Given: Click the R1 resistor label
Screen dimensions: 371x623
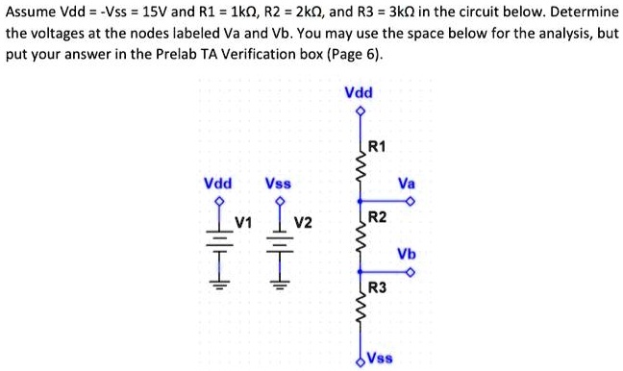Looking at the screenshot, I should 377,147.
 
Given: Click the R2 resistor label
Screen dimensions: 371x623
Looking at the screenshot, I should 377,218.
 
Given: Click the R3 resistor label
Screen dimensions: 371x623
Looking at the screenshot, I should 377,288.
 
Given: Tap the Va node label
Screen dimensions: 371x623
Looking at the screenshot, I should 407,182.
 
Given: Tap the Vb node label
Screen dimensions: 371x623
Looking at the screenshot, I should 407,254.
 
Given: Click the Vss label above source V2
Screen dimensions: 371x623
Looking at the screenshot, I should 279,182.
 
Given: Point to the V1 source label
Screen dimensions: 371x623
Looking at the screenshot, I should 244,224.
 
